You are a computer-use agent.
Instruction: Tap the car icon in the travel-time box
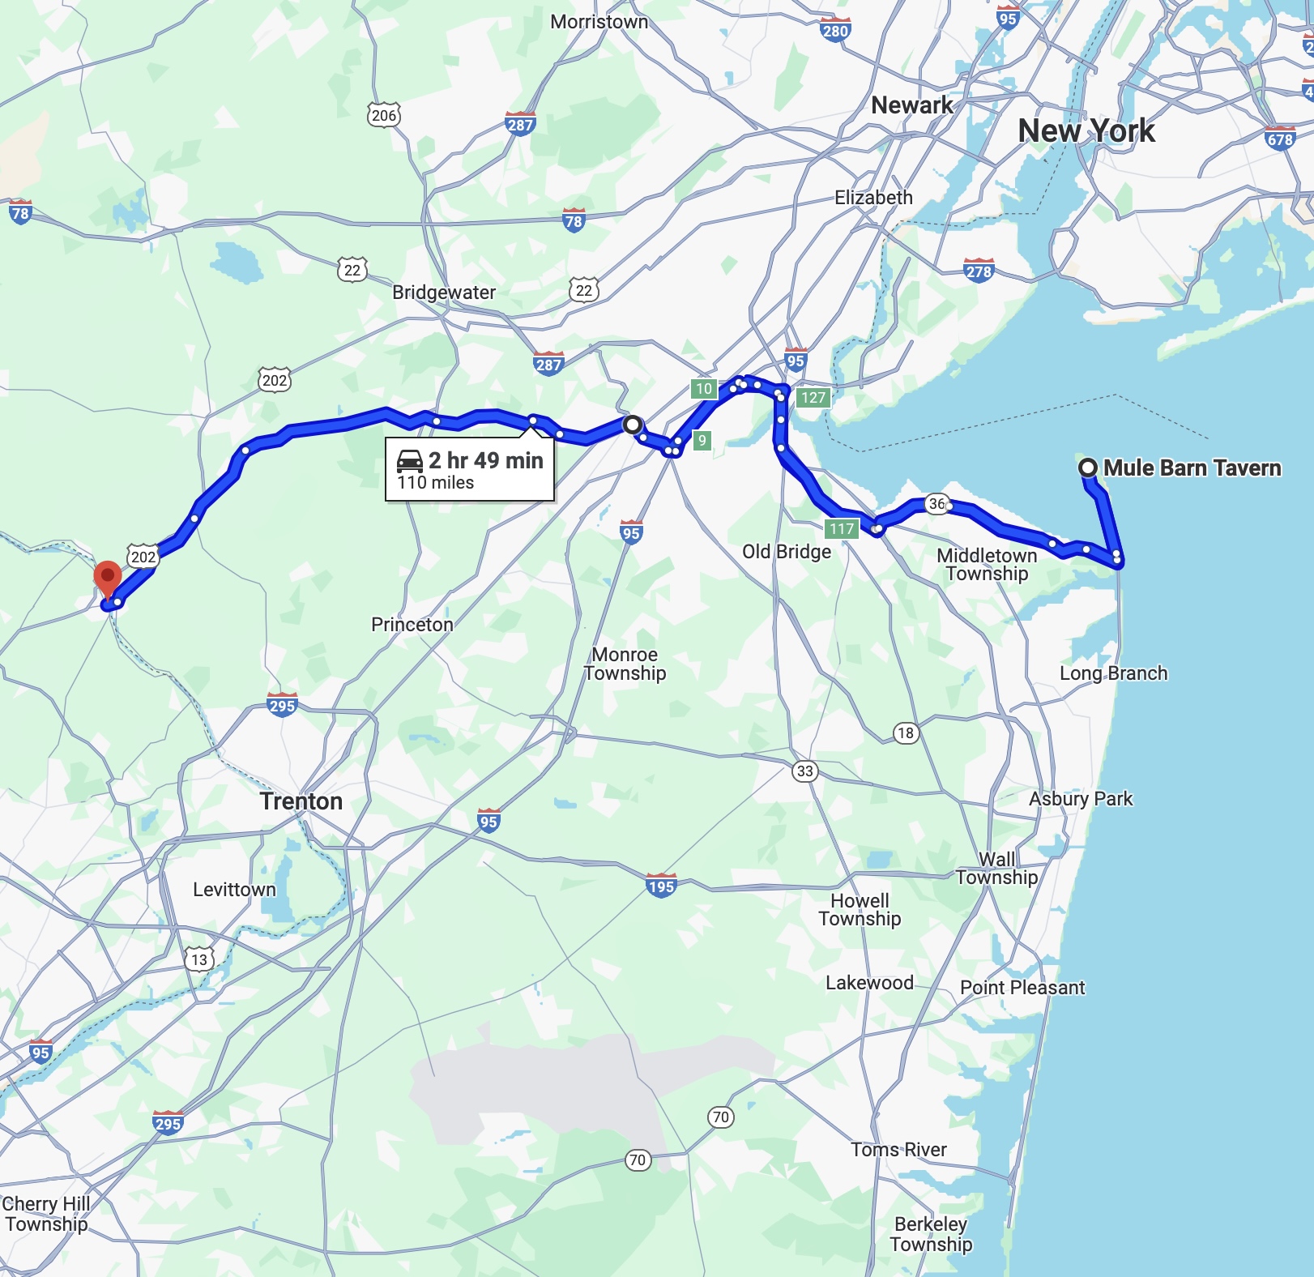(410, 461)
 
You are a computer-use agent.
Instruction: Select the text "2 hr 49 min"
(485, 460)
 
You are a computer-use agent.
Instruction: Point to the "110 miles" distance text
(435, 483)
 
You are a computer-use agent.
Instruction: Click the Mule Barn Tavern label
(1192, 468)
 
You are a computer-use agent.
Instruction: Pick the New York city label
(1086, 130)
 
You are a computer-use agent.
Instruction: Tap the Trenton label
(301, 801)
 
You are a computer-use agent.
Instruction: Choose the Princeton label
(412, 625)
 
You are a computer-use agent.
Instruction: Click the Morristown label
(599, 22)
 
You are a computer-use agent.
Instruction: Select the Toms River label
(898, 1150)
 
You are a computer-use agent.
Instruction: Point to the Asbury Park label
(1080, 799)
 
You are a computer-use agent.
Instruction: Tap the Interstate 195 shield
(661, 886)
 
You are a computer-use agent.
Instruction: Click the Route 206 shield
(384, 115)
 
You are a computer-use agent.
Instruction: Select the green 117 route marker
(842, 529)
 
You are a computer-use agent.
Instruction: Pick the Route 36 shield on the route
(936, 504)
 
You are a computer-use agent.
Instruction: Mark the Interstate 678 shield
(1280, 139)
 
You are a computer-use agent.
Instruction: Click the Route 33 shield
(804, 771)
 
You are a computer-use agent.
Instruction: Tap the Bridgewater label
(444, 293)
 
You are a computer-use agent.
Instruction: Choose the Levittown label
(234, 890)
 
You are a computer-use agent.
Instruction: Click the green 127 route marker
(813, 397)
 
